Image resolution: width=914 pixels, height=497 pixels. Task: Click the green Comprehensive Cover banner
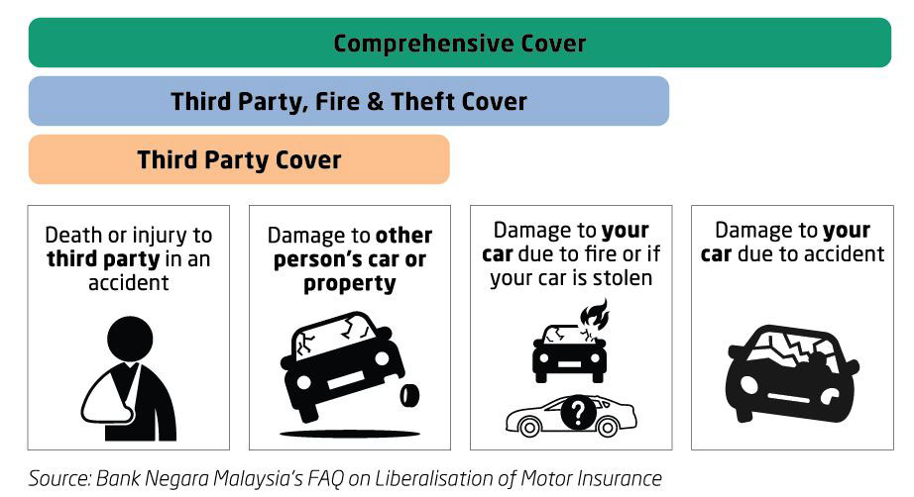tap(459, 43)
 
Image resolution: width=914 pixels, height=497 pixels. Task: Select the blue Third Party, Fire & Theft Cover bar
tap(349, 101)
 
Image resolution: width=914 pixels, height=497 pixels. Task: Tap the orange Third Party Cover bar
tap(239, 159)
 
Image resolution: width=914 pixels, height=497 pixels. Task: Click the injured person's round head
tap(130, 340)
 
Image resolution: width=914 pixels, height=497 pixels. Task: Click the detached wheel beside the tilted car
tap(409, 396)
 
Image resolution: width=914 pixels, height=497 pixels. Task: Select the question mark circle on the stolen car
tap(578, 413)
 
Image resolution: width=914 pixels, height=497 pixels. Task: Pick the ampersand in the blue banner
tap(376, 102)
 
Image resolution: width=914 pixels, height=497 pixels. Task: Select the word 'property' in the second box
tap(350, 284)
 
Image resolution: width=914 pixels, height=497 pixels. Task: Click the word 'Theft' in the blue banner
tap(416, 101)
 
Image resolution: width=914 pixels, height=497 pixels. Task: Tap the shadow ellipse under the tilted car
tap(350, 434)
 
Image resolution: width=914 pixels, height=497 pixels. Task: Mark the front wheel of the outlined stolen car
tap(529, 428)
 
